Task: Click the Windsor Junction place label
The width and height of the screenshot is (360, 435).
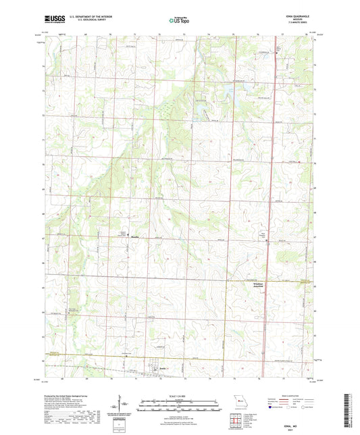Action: click(253, 285)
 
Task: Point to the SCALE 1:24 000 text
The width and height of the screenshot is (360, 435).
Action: click(179, 397)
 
